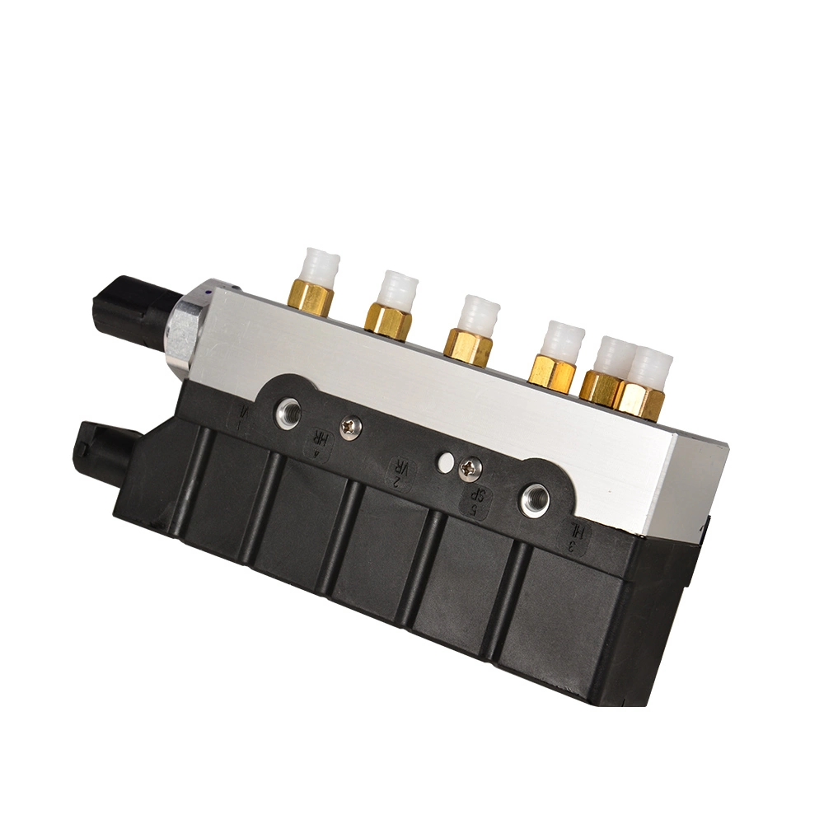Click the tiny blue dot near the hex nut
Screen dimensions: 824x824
pos(212,291)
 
